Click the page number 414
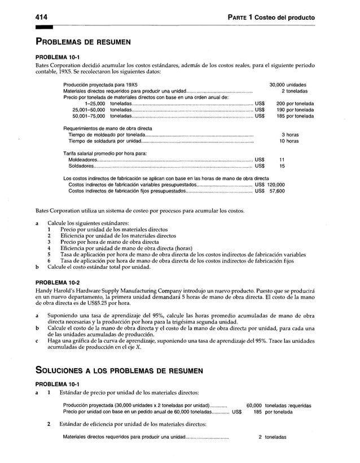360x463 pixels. pyautogui.click(x=42, y=18)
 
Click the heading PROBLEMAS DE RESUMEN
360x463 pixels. pyautogui.click(x=84, y=42)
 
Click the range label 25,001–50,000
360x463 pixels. pyautogui.click(x=89, y=110)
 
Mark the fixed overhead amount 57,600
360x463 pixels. pyautogui.click(x=276, y=191)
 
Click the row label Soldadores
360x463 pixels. pyautogui.click(x=81, y=167)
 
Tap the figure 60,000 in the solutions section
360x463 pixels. pyautogui.click(x=254, y=405)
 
